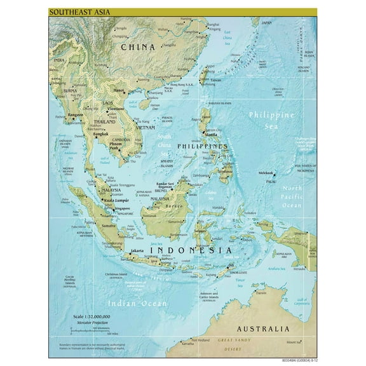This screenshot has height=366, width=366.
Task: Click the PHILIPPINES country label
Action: tap(203, 146)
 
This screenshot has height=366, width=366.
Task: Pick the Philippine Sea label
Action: tap(271, 120)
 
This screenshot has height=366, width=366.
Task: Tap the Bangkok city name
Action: tap(83, 134)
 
